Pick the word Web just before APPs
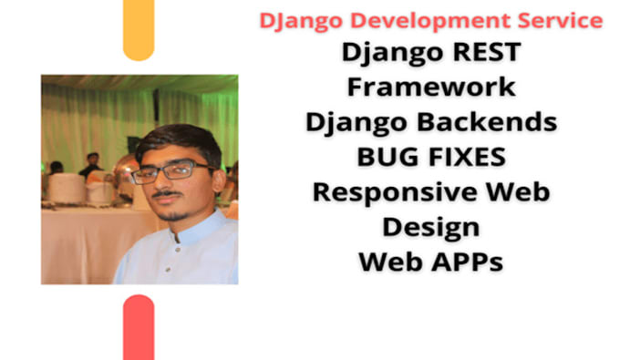(x=388, y=262)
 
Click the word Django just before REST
(x=384, y=53)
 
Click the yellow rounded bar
(x=139, y=31)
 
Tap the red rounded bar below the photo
(x=139, y=328)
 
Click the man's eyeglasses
(x=170, y=171)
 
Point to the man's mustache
(x=166, y=193)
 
